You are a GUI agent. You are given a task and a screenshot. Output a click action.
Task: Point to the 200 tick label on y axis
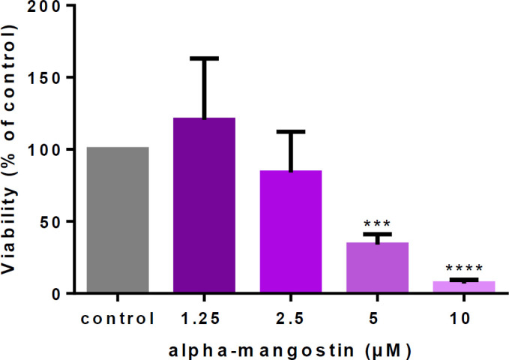coord(49,7)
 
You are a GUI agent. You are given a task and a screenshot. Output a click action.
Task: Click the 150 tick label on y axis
coord(49,78)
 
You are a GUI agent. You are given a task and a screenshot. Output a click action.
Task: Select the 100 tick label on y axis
coord(49,150)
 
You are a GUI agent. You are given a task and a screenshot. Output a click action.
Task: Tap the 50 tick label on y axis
coord(54,222)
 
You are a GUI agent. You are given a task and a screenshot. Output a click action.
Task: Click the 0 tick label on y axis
coord(59,293)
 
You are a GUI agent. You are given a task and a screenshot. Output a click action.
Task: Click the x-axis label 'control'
coord(118,318)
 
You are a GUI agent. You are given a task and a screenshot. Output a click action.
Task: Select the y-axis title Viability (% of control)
coord(13,150)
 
